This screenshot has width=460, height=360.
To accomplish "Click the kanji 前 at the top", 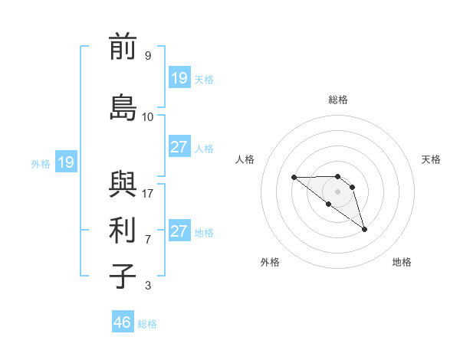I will (123, 47).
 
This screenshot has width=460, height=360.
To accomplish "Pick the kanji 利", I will (123, 230).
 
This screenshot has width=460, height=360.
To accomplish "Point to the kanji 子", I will (123, 276).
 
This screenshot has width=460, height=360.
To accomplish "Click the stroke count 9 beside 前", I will (148, 56).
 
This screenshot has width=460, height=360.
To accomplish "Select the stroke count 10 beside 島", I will (148, 117).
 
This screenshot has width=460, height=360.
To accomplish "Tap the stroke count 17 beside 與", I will (148, 194).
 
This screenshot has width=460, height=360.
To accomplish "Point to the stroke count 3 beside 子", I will (148, 286).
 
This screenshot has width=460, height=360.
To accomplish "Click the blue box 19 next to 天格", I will (179, 78).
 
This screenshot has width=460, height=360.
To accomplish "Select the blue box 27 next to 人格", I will (179, 147).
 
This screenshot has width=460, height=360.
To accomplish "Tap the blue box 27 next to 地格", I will (179, 231).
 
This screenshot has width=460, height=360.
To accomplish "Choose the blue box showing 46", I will (123, 322).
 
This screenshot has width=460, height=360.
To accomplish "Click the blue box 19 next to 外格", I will (66, 162).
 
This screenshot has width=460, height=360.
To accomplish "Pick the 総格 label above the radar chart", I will (338, 100).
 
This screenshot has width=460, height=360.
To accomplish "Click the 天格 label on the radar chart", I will (432, 159).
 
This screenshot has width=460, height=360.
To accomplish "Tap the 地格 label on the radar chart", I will (402, 263).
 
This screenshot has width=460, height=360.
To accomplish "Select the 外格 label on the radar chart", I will (270, 263).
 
